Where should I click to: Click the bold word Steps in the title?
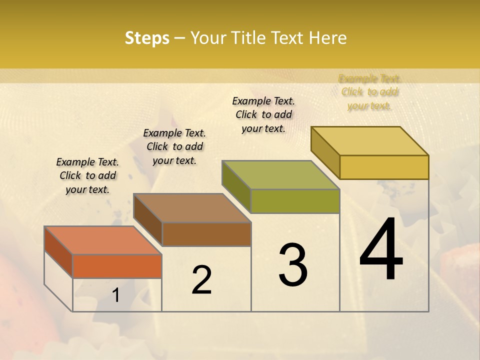coord(147,38)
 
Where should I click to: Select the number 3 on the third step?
coord(293,265)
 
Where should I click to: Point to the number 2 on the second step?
coord(201,279)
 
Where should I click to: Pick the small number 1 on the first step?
coord(116,295)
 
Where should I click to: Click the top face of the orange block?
coord(102,240)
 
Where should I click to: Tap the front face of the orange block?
coord(117,266)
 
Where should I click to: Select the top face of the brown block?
coord(192,207)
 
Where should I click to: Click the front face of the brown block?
coord(206,234)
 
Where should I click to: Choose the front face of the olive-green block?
coord(295,201)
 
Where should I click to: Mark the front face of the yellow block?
coord(384,167)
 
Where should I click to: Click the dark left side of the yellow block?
coord(325,152)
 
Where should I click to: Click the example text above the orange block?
coord(87,175)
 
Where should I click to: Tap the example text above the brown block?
coord(174,146)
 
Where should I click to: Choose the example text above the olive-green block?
coord(263,114)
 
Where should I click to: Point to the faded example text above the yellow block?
coord(369,92)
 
